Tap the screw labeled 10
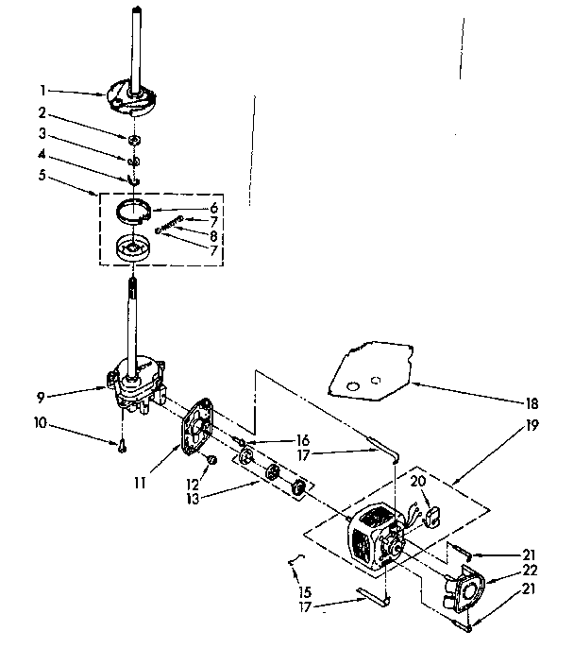pyautogui.click(x=122, y=448)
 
